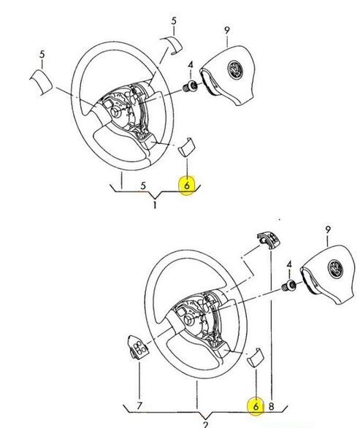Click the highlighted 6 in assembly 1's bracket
(187, 186)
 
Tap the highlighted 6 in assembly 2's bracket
(256, 406)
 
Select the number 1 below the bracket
(155, 205)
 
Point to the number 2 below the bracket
(205, 425)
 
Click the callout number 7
(139, 405)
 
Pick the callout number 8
(271, 406)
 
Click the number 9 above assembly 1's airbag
(227, 30)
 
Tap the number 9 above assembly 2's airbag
(328, 229)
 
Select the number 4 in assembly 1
(191, 65)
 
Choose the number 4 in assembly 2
(289, 264)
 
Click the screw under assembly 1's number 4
(189, 86)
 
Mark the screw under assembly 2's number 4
(288, 286)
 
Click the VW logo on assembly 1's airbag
(235, 69)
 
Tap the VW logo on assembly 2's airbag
(336, 269)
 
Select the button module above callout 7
(137, 347)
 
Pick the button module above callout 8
(269, 241)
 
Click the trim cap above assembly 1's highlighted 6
(186, 147)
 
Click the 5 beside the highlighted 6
(143, 186)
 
